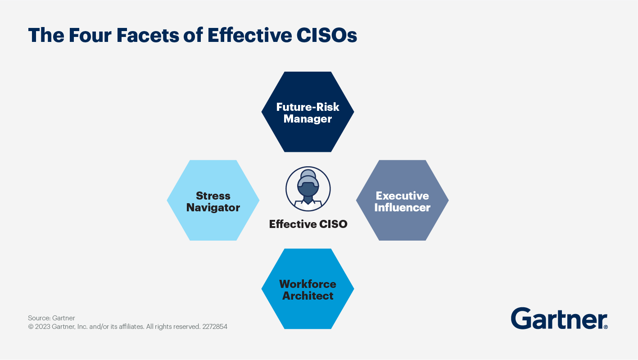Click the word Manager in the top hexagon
click(308, 119)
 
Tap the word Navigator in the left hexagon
click(213, 208)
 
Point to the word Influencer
click(402, 208)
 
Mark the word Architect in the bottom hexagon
click(308, 296)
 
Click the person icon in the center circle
click(308, 188)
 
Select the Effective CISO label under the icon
click(308, 224)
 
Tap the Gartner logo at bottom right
click(559, 319)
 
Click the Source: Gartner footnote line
click(51, 318)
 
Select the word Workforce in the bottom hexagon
click(308, 284)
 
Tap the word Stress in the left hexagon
click(213, 196)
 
